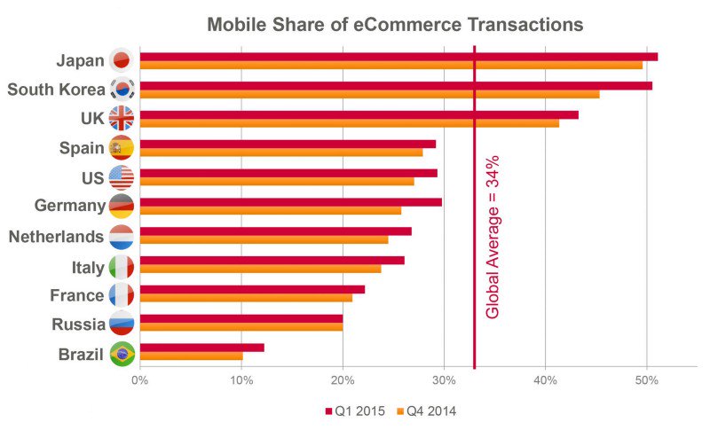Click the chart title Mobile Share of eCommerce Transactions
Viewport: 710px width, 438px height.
pyautogui.click(x=395, y=25)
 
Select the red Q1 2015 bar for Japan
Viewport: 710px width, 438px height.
pyautogui.click(x=398, y=57)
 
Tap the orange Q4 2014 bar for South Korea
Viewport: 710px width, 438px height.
pyautogui.click(x=369, y=94)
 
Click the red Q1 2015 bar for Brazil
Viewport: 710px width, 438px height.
pyautogui.click(x=201, y=348)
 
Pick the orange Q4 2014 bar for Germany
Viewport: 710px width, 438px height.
pyautogui.click(x=271, y=211)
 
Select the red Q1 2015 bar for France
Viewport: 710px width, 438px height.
pyautogui.click(x=252, y=289)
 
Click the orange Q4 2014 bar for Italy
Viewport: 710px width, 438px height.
pyautogui.click(x=260, y=269)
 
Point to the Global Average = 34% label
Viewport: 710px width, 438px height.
pyautogui.click(x=493, y=237)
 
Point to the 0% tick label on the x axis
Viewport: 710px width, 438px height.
pyautogui.click(x=140, y=380)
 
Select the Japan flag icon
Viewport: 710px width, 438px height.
pyautogui.click(x=121, y=60)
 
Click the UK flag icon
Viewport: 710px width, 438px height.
pyautogui.click(x=121, y=119)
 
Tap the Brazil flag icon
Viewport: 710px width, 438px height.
pyautogui.click(x=121, y=353)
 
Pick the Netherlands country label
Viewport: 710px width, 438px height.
pyautogui.click(x=56, y=237)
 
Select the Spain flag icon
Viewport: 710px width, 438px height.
pyautogui.click(x=121, y=148)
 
